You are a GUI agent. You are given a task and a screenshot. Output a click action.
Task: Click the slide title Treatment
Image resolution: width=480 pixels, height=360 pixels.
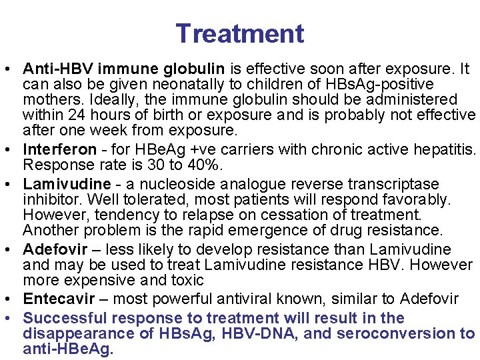240,33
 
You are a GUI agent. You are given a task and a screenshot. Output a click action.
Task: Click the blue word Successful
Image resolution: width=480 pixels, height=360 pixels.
63,318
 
